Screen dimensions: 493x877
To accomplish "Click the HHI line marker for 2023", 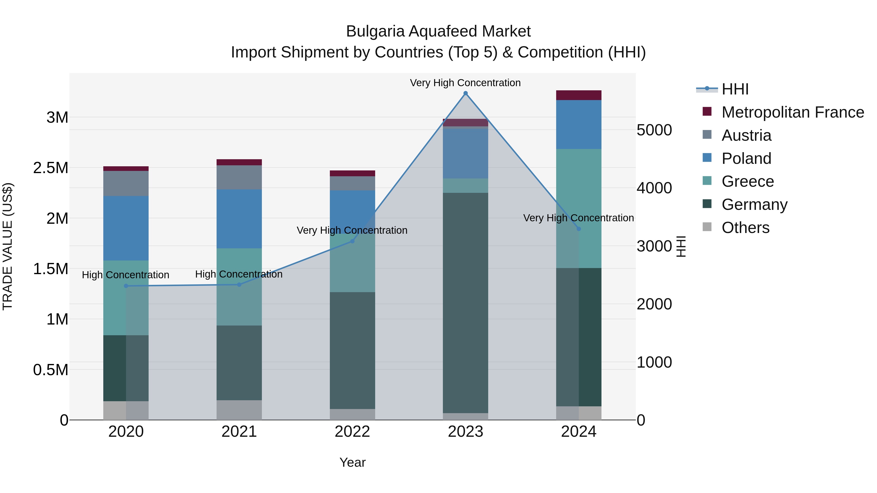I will [465, 93].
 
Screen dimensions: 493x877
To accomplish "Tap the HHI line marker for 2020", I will [126, 286].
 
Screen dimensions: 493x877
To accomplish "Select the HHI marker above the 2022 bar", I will [352, 241].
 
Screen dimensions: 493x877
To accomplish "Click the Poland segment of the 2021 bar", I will [239, 219].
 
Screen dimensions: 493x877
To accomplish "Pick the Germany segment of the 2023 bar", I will [465, 303].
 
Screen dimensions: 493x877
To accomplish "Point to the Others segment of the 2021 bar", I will [239, 410].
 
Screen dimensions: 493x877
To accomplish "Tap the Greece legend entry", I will [747, 181].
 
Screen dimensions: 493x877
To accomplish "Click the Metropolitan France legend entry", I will [792, 112].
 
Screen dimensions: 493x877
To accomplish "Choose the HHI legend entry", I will [735, 89].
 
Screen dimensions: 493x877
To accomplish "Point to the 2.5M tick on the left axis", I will [51, 168].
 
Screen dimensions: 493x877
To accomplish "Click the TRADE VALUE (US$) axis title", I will [8, 246].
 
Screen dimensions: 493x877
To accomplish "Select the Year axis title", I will [352, 462].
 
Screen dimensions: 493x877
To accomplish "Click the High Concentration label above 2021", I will [239, 274].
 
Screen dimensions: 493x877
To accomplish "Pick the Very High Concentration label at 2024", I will [578, 218].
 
